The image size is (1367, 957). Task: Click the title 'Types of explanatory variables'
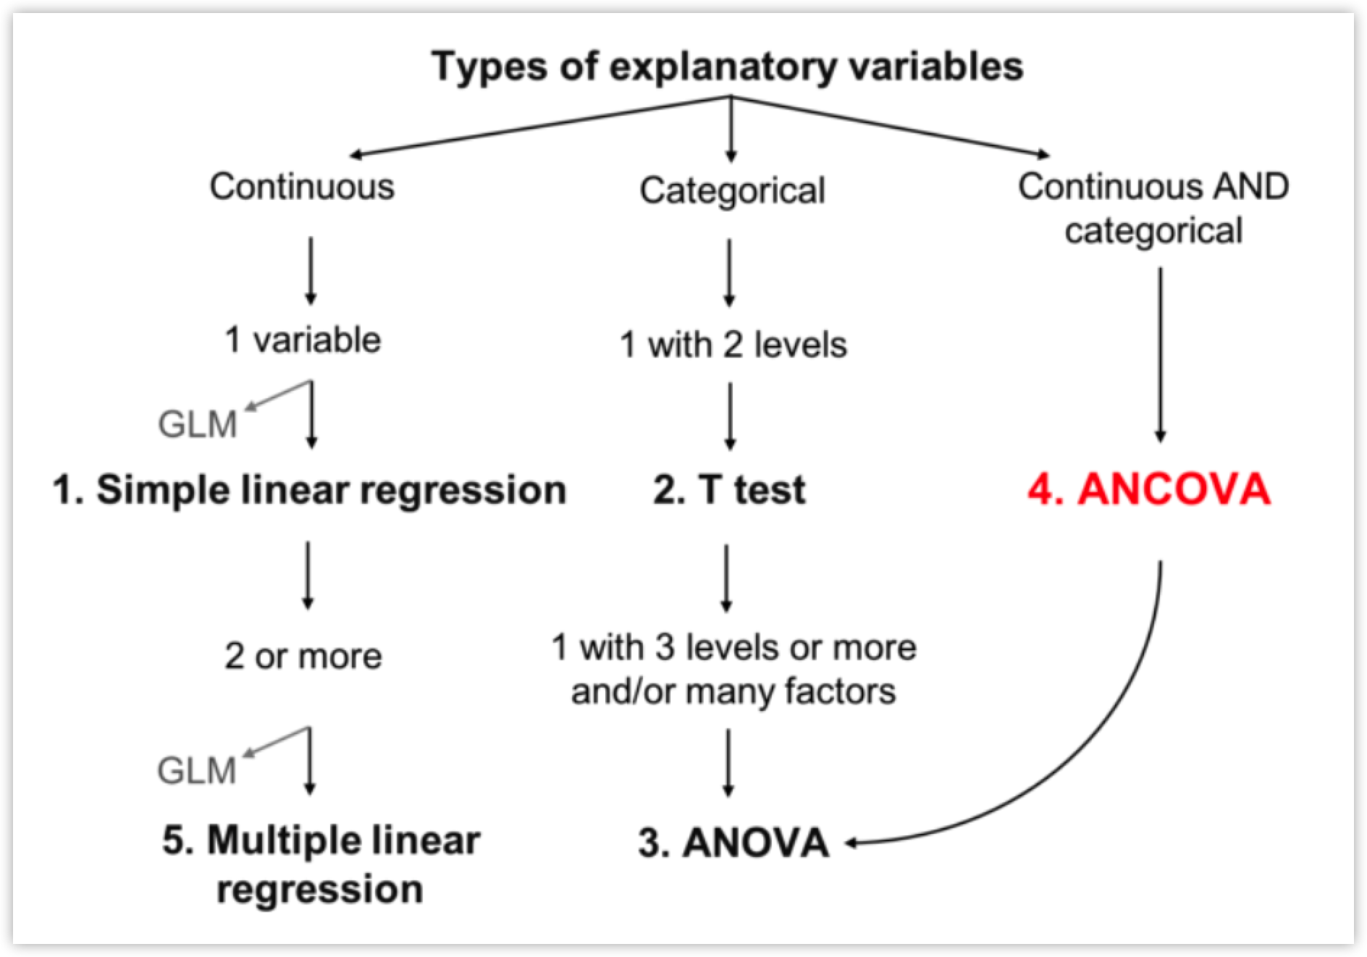click(727, 67)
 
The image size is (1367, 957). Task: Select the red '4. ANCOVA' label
click(1149, 489)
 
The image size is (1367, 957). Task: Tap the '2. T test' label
click(729, 489)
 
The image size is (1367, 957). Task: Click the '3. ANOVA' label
click(733, 843)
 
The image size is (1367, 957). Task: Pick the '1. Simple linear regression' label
click(309, 490)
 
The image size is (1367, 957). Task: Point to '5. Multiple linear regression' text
click(321, 864)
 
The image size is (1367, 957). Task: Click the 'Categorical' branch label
click(732, 191)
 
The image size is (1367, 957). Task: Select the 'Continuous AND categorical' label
click(1153, 208)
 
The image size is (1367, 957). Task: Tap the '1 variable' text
click(303, 340)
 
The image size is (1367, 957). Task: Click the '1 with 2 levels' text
click(733, 345)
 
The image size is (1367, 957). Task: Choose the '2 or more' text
click(303, 657)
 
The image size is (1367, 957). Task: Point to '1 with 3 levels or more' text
click(733, 647)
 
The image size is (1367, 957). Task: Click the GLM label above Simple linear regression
click(198, 424)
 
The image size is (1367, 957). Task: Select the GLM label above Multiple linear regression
click(197, 770)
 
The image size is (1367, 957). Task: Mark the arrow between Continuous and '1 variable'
click(311, 270)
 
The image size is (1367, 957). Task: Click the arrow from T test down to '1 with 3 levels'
click(727, 578)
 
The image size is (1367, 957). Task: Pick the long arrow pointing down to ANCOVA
click(1160, 355)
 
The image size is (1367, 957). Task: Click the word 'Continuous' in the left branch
click(302, 187)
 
